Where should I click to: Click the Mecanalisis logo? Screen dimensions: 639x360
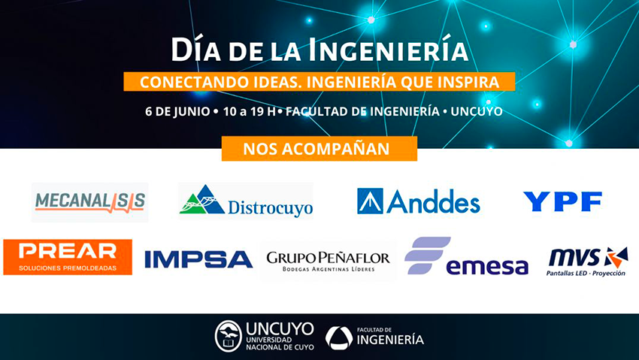click(90, 202)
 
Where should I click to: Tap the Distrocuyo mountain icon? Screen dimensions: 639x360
click(202, 200)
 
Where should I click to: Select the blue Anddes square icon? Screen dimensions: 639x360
click(370, 201)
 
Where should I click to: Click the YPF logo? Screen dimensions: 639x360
click(562, 201)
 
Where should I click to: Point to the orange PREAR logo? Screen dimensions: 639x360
click(68, 257)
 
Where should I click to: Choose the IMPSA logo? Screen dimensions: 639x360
click(198, 259)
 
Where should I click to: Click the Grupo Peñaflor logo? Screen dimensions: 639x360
click(328, 261)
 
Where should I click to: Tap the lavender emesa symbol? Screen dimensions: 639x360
click(427, 255)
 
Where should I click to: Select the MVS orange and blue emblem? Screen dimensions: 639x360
click(616, 257)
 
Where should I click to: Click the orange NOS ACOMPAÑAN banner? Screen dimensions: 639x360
click(319, 149)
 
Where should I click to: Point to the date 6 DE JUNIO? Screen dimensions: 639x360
click(177, 111)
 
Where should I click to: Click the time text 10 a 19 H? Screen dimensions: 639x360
click(250, 111)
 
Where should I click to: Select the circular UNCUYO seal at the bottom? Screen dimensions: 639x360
click(229, 336)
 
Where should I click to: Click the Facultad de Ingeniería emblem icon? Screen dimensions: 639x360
click(339, 337)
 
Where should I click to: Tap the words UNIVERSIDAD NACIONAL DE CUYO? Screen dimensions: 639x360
click(280, 343)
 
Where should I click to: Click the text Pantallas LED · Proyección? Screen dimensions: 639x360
click(586, 274)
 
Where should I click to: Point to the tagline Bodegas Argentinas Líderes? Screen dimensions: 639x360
click(329, 269)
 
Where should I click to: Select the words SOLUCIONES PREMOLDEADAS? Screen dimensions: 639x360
click(68, 268)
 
